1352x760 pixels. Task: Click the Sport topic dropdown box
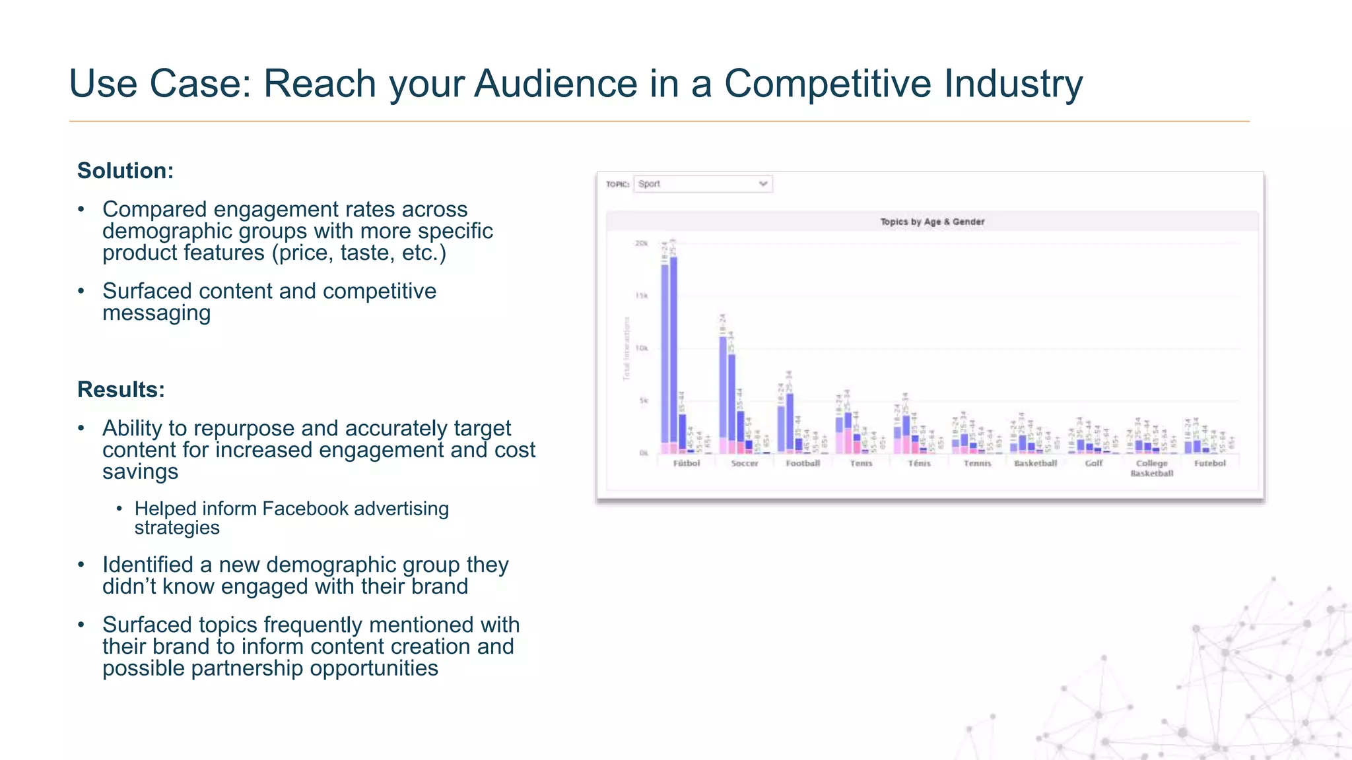click(x=702, y=184)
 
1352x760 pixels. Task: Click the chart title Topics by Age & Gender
click(x=931, y=222)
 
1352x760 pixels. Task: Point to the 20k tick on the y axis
click(x=641, y=243)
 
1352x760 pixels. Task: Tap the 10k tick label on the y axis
click(x=641, y=348)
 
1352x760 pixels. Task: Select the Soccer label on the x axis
click(x=744, y=464)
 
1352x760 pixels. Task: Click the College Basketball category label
click(x=1151, y=468)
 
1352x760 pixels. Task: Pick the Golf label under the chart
click(x=1093, y=464)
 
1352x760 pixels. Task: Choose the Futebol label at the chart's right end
click(x=1209, y=464)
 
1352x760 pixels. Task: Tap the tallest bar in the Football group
click(x=790, y=422)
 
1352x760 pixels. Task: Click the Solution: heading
click(x=125, y=171)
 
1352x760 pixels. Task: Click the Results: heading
click(x=121, y=390)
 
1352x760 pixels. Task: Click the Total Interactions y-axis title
click(x=626, y=348)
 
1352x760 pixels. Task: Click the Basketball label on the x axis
click(x=1035, y=464)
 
